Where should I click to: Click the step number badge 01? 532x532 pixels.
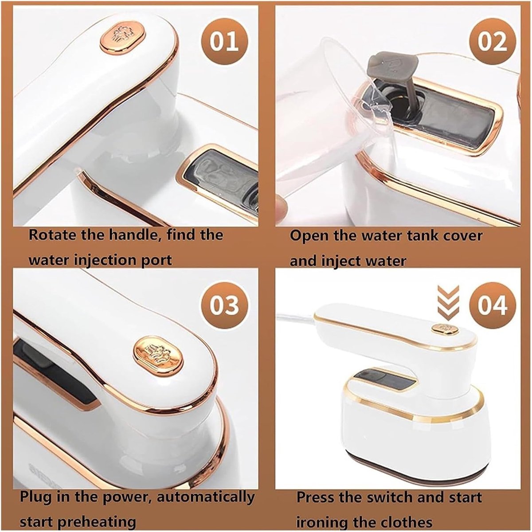point(224,41)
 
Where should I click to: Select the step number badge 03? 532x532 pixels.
point(224,305)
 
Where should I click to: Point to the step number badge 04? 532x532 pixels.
point(492,305)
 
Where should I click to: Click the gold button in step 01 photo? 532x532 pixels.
point(123,38)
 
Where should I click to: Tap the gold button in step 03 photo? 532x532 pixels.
point(158,355)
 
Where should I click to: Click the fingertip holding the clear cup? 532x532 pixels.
point(282,206)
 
